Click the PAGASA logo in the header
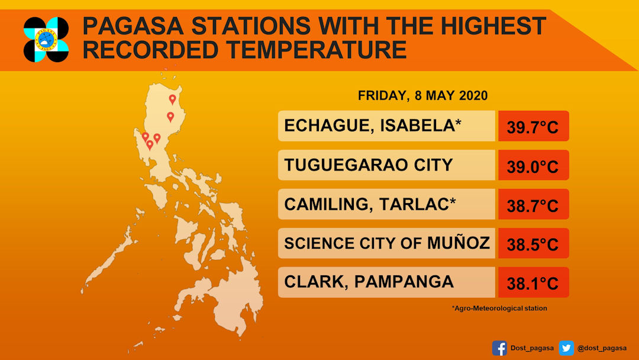pyautogui.click(x=46, y=40)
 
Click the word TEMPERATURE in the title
pyautogui.click(x=317, y=50)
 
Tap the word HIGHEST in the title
pyautogui.click(x=493, y=25)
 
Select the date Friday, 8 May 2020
pyautogui.click(x=422, y=95)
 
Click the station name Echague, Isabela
pyautogui.click(x=373, y=126)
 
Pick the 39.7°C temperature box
pyautogui.click(x=534, y=126)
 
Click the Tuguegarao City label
pyautogui.click(x=369, y=165)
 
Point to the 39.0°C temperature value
pyautogui.click(x=532, y=167)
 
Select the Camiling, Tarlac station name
pyautogui.click(x=370, y=204)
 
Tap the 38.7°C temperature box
pyautogui.click(x=534, y=204)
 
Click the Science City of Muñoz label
pyautogui.click(x=387, y=243)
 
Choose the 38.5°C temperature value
pyautogui.click(x=532, y=245)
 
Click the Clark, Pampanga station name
pyautogui.click(x=369, y=282)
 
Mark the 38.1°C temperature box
pyautogui.click(x=534, y=282)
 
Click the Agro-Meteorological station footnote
pyautogui.click(x=499, y=308)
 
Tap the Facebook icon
pyautogui.click(x=499, y=348)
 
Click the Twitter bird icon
pyautogui.click(x=566, y=348)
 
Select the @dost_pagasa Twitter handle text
pyautogui.click(x=602, y=348)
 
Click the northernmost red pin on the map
pyautogui.click(x=172, y=99)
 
